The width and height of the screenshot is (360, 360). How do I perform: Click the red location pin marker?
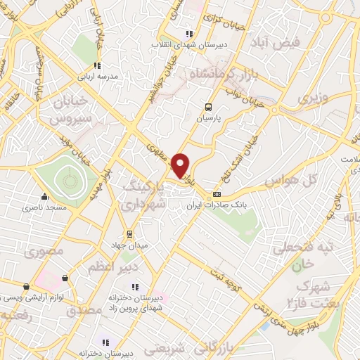pyautogui.click(x=181, y=165)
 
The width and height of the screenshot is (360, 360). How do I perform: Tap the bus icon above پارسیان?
pyautogui.click(x=207, y=107)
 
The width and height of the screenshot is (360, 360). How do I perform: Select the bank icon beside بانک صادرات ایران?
pyautogui.click(x=217, y=195)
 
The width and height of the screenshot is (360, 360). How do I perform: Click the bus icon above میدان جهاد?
pyautogui.click(x=129, y=234)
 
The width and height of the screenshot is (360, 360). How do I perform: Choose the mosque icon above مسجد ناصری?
pyautogui.click(x=46, y=196)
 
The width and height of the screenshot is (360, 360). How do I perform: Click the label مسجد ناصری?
pyautogui.click(x=44, y=207)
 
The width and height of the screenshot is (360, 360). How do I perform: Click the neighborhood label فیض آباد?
pyautogui.click(x=299, y=42)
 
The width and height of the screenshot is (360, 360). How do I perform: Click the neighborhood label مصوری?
pyautogui.click(x=47, y=250)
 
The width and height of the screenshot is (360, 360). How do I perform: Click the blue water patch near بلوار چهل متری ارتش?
pyautogui.click(x=266, y=326)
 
